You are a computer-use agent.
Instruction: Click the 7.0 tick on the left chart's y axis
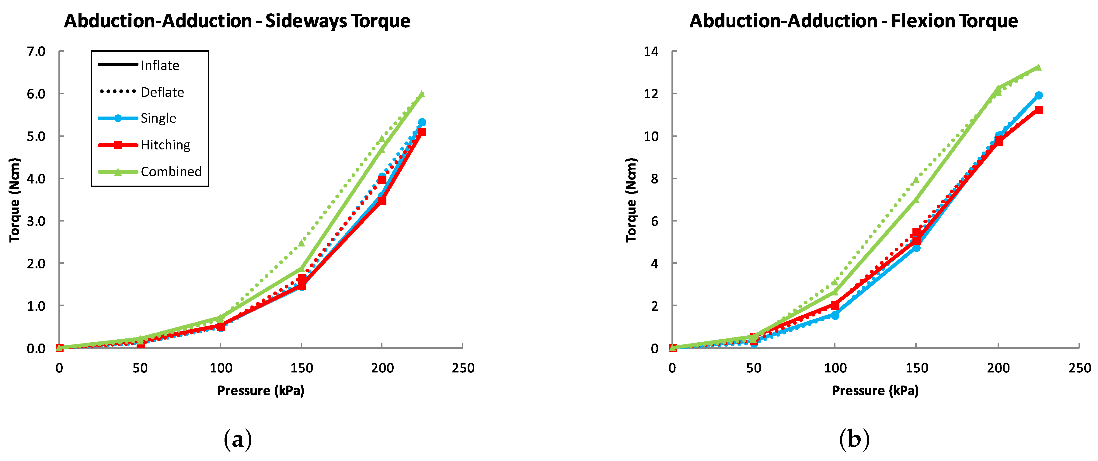tap(36, 52)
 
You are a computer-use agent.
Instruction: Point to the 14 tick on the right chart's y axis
tap(651, 52)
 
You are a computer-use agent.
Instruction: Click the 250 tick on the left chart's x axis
tap(463, 368)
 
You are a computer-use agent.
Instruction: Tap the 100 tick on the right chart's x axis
tap(835, 368)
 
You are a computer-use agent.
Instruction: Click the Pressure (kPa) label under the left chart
tap(261, 391)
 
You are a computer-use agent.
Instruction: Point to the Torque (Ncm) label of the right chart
tap(631, 200)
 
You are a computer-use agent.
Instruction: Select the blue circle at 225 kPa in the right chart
tap(1039, 96)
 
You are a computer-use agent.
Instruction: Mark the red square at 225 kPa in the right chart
tap(1039, 110)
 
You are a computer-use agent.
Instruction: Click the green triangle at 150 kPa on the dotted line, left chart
tap(302, 243)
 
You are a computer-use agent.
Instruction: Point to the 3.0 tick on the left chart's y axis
tap(36, 221)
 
